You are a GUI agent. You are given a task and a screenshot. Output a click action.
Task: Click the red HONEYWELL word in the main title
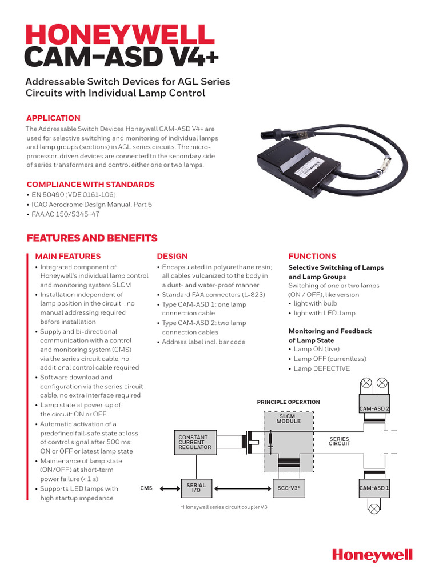(119, 35)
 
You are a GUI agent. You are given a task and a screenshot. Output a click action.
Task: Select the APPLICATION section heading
(54, 118)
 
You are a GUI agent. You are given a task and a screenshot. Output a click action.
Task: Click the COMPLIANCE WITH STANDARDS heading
(91, 185)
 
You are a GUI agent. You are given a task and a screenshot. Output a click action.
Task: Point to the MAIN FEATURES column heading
(68, 256)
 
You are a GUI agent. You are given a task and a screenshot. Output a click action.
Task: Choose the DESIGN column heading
(172, 256)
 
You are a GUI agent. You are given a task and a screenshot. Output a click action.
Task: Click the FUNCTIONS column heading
(312, 256)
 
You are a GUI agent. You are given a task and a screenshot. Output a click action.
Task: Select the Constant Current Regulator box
(195, 442)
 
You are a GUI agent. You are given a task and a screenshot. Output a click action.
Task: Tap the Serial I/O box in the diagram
(196, 488)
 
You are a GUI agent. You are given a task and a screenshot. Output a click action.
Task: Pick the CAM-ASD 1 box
(374, 488)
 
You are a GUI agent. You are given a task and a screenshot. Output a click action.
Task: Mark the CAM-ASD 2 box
(374, 408)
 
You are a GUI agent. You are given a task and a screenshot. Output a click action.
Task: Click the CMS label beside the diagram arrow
(146, 488)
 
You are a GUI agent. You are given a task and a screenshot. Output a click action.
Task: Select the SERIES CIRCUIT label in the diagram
(339, 441)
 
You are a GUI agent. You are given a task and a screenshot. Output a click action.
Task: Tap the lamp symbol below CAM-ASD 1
(374, 508)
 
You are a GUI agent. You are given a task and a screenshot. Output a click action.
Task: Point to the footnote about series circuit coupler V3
(224, 507)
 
